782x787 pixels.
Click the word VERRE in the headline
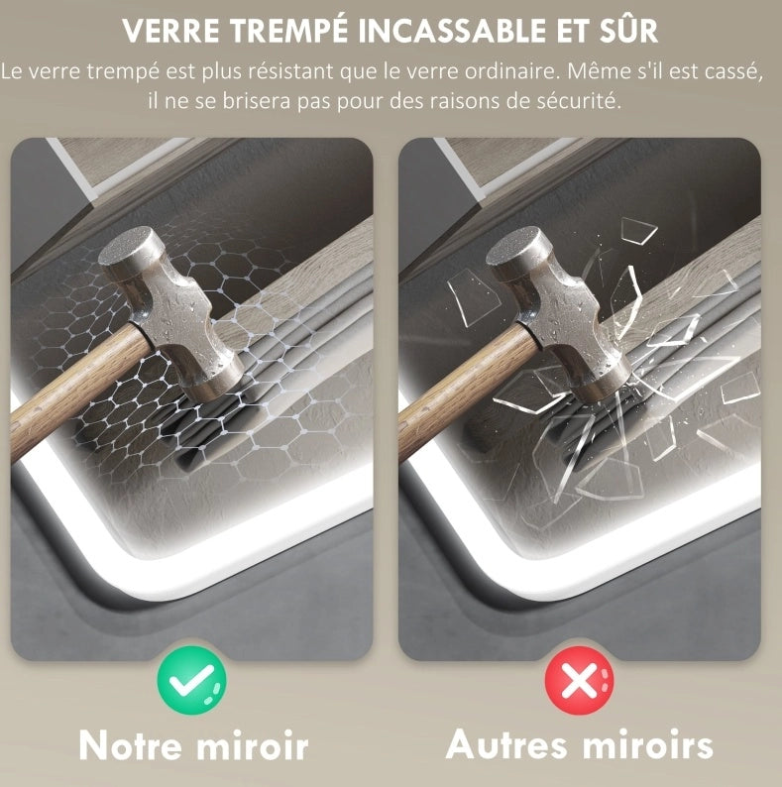(x=170, y=31)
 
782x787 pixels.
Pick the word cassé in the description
(x=733, y=71)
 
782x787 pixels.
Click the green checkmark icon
(x=191, y=680)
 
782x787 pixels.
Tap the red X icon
(x=579, y=680)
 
